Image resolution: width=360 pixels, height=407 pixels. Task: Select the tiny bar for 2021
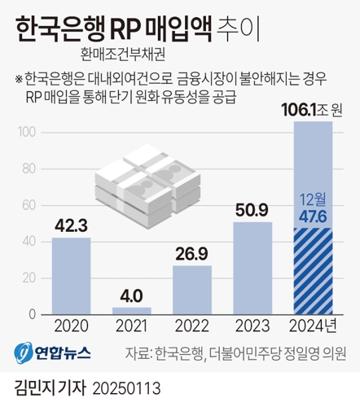(x=132, y=311)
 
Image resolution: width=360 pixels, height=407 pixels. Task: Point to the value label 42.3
(x=71, y=225)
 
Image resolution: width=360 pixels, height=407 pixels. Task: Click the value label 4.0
(x=132, y=295)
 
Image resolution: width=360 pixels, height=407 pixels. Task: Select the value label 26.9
(x=192, y=253)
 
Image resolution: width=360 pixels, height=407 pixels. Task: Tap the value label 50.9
(x=252, y=209)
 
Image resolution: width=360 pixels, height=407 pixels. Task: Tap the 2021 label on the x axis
(x=132, y=327)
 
